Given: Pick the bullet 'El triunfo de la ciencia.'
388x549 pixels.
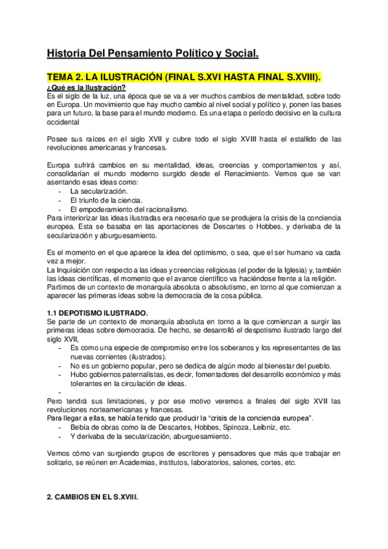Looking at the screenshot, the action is tap(106, 201).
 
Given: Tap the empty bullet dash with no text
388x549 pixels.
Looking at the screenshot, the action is tap(60, 392).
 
